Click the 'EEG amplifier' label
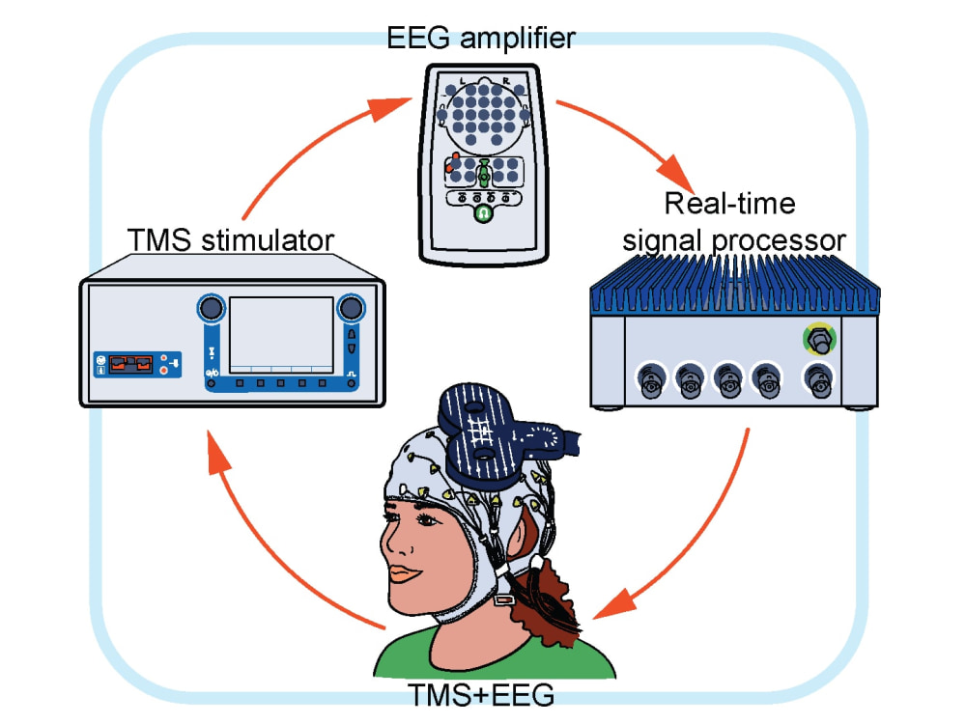point(480,39)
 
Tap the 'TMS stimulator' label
point(231,240)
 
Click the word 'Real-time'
point(729,204)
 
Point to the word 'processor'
point(778,241)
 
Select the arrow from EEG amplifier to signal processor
point(635,138)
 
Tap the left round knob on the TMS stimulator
point(211,307)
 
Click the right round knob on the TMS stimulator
point(352,308)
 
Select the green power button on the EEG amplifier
point(483,213)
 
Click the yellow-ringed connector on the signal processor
point(819,340)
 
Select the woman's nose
point(394,542)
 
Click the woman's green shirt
point(493,662)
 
